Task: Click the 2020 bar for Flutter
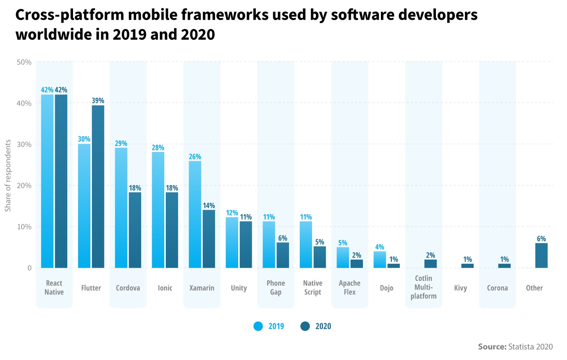point(98,186)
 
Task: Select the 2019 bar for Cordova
point(121,208)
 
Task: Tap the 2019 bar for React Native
point(47,181)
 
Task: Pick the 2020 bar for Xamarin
point(209,239)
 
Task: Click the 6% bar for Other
point(541,255)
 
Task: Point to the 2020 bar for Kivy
point(467,266)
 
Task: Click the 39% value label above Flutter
point(98,101)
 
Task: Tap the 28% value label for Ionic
point(158,147)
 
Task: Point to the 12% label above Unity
point(232,213)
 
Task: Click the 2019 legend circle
point(258,326)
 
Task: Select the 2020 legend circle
point(305,326)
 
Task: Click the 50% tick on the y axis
point(24,62)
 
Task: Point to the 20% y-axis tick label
point(24,186)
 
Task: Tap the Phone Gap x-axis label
point(276,288)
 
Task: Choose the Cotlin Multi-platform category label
point(423,287)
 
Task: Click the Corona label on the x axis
point(497,288)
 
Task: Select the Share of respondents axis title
point(8,176)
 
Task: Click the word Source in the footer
point(492,347)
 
